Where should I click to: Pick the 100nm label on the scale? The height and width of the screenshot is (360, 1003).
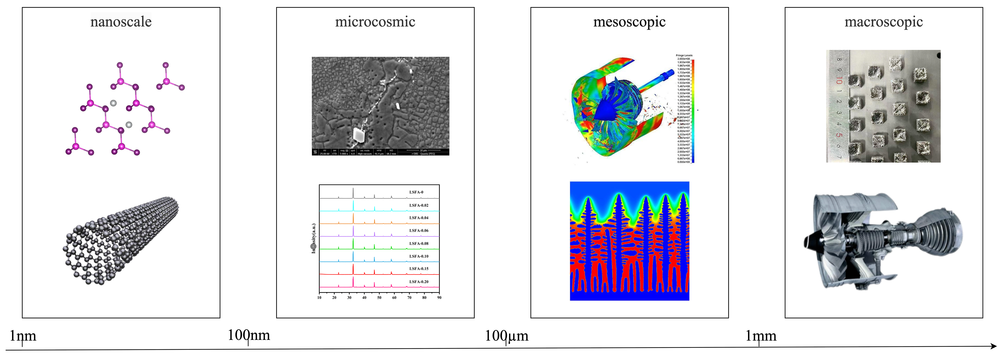click(249, 335)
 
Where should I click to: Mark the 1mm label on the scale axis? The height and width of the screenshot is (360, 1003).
click(761, 335)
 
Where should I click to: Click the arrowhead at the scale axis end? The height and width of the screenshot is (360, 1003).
click(994, 346)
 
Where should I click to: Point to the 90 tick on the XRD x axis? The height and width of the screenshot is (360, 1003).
click(439, 298)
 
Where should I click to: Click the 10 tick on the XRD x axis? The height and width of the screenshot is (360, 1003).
click(319, 298)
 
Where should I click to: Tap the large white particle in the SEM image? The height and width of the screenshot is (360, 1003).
click(358, 134)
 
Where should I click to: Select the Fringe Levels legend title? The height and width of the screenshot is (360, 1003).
click(684, 56)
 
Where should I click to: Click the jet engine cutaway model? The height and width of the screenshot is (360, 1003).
click(882, 241)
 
